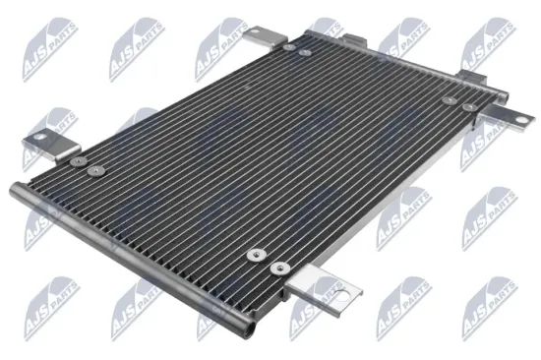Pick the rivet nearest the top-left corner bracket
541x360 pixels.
(x=287, y=46)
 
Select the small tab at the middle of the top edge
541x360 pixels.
(x=356, y=42)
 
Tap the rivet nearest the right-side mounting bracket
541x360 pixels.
(x=469, y=106)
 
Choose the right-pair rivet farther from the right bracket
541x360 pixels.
(x=449, y=99)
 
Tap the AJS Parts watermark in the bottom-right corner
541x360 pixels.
(x=491, y=306)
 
